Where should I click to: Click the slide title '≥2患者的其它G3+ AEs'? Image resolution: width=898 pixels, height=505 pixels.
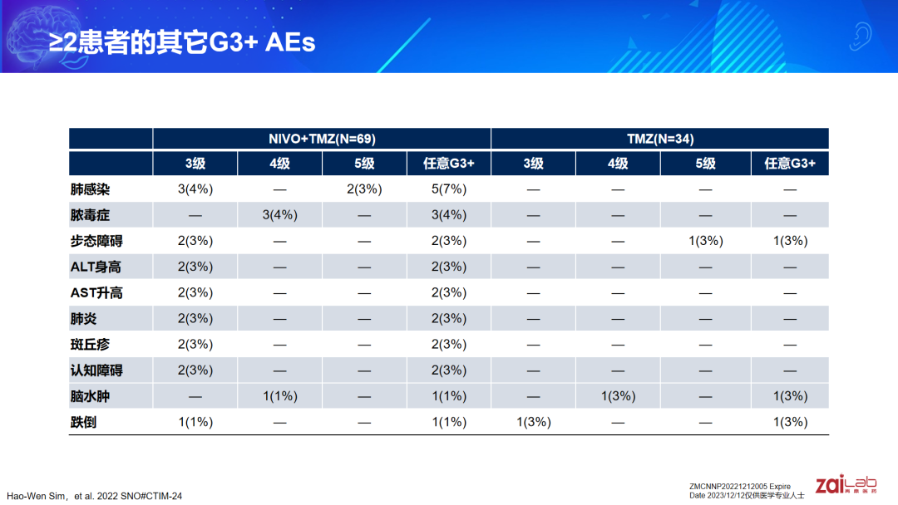(182, 42)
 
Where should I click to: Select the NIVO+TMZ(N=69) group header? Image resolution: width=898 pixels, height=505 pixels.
(322, 139)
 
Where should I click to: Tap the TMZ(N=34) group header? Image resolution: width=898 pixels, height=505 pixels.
(659, 139)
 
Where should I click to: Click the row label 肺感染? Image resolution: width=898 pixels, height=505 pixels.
(90, 189)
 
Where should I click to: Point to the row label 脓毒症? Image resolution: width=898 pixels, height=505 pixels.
(90, 215)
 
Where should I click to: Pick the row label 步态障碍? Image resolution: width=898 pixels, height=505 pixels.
(96, 241)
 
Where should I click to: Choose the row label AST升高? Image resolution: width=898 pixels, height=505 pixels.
(96, 293)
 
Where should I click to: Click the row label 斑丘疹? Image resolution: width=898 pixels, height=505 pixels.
(90, 345)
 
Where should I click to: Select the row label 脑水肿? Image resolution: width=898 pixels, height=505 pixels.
(90, 396)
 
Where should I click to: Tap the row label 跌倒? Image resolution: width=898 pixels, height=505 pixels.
(84, 422)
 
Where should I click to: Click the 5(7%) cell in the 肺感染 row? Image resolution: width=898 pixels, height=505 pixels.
(449, 189)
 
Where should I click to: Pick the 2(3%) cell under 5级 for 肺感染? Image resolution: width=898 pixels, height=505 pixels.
(364, 189)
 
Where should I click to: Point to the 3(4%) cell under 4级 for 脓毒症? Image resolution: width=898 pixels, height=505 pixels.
(280, 215)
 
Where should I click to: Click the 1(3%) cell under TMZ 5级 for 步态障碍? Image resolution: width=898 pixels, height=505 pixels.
(706, 241)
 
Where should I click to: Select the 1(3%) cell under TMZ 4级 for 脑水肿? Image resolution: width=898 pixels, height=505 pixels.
(618, 396)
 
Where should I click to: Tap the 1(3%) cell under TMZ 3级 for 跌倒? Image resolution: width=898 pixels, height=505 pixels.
(534, 422)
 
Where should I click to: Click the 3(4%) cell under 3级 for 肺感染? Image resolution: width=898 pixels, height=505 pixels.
(195, 189)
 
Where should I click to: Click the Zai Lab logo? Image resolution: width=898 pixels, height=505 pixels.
(846, 484)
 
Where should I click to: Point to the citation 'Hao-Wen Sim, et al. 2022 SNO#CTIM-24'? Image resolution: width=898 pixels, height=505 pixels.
(95, 496)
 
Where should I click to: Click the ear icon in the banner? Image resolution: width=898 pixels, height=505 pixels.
(860, 36)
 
